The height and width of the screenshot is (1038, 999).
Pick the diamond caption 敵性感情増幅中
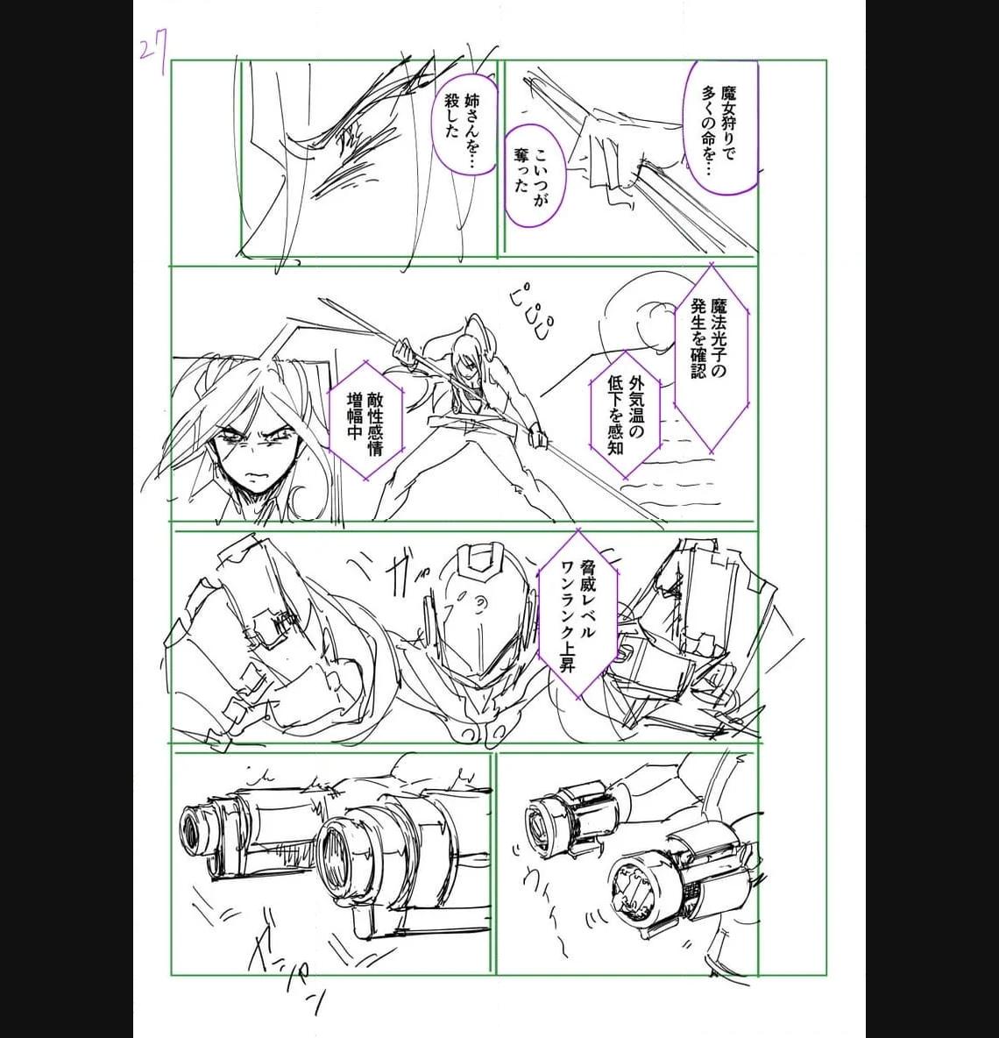365,419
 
